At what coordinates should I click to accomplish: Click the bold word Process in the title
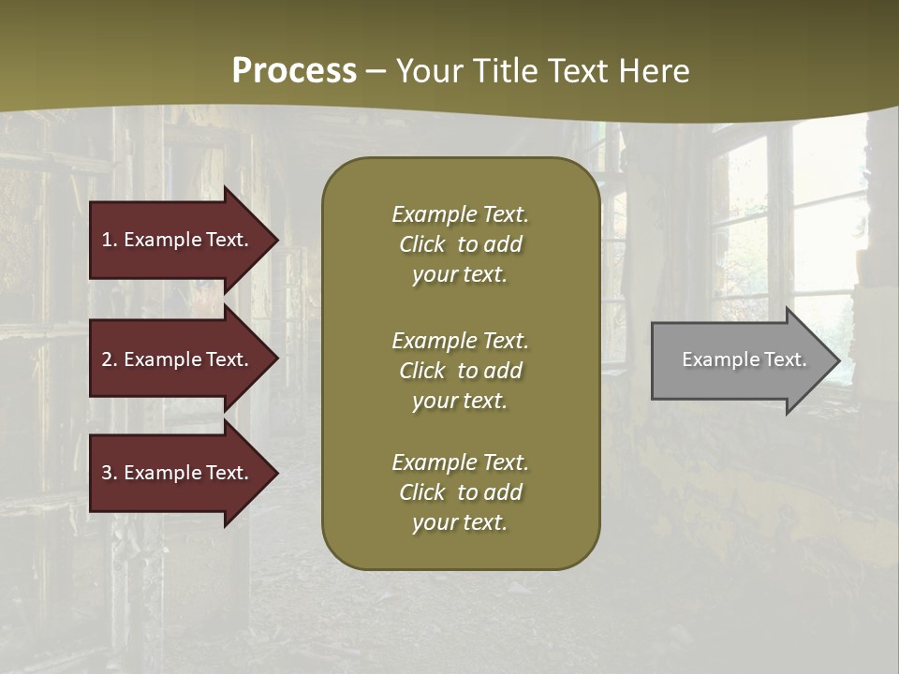click(294, 71)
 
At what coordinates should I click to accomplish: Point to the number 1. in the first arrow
click(109, 240)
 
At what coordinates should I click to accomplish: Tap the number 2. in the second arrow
click(109, 359)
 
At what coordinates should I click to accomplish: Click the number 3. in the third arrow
click(109, 473)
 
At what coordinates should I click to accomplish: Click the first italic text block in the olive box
click(460, 244)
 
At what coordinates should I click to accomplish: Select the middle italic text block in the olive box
click(460, 371)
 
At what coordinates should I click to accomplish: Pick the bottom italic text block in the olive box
click(460, 492)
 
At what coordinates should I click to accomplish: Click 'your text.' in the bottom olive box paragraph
click(460, 522)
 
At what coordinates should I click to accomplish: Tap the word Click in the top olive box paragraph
click(422, 244)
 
